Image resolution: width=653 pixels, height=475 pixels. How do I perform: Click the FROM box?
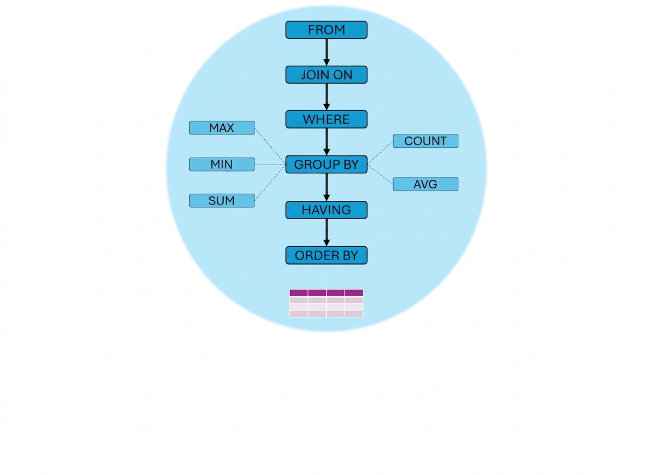(326, 30)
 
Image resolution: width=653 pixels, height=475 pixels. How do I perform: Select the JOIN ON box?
(326, 74)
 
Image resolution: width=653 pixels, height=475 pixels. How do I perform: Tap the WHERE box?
(326, 119)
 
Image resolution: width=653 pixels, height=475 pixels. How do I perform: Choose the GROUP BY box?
(326, 164)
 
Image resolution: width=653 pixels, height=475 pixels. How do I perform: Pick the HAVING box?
(326, 210)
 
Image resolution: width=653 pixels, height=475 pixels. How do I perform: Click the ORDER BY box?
(326, 255)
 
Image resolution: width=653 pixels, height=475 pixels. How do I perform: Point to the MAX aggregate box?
(222, 128)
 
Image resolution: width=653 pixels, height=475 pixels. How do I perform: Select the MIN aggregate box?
(222, 164)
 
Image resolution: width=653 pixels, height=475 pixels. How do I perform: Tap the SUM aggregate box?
(222, 201)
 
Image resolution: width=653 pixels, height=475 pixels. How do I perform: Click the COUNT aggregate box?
(425, 141)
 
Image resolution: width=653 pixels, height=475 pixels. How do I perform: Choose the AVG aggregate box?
(425, 184)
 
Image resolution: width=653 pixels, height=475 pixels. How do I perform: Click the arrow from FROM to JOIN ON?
(327, 52)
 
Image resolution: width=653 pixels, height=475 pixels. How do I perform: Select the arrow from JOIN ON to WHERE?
(327, 97)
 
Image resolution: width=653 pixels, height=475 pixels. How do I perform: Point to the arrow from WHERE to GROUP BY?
(327, 142)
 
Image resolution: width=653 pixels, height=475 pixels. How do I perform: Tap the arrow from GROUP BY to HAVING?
(327, 187)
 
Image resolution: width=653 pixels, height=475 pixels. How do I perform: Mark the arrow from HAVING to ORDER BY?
(327, 233)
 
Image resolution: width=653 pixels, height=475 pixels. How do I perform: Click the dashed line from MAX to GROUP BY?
(270, 146)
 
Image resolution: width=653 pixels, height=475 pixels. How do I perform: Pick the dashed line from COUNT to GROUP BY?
(380, 153)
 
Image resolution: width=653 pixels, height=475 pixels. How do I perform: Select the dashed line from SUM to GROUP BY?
(270, 182)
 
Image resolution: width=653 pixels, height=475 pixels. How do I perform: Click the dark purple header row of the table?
(326, 293)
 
